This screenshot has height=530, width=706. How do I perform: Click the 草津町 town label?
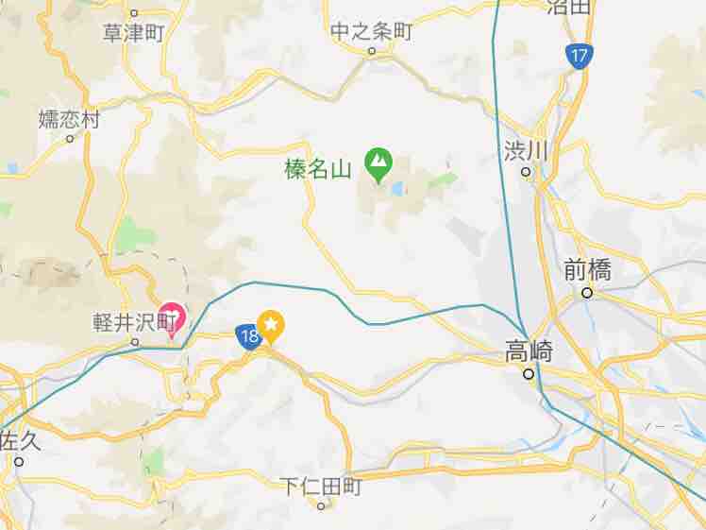click(133, 33)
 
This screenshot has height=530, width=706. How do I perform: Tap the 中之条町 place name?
click(372, 31)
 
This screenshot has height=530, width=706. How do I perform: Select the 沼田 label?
click(569, 8)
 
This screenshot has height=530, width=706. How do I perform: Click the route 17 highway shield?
click(580, 56)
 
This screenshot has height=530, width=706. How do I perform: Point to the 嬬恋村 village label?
click(69, 119)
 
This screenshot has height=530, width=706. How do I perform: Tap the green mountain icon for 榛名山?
click(378, 163)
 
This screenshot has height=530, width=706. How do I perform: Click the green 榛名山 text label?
click(318, 170)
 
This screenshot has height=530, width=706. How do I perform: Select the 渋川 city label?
click(526, 150)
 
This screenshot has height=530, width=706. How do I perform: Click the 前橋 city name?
click(587, 271)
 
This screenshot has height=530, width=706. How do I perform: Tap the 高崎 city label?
click(529, 352)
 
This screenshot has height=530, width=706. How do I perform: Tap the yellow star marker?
click(271, 326)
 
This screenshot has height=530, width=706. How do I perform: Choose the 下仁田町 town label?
click(321, 487)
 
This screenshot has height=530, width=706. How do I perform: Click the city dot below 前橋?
click(587, 293)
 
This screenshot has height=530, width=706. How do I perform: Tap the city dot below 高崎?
click(529, 374)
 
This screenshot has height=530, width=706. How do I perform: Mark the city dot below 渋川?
click(527, 172)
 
